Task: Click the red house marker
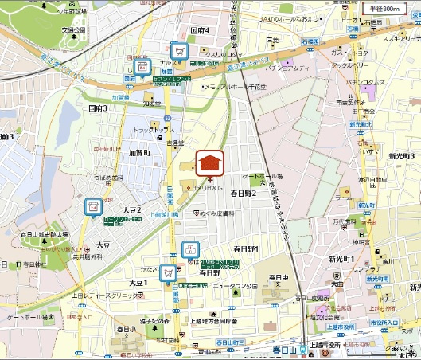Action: (x=209, y=162)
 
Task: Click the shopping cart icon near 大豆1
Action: (x=168, y=273)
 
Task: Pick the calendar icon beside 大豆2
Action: (x=93, y=207)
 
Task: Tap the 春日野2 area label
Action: (x=243, y=193)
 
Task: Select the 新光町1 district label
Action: (x=342, y=260)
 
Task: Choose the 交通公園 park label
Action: (x=73, y=30)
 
